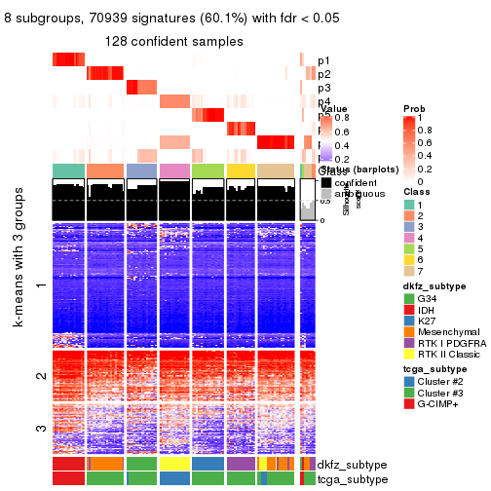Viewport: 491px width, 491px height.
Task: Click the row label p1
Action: click(x=324, y=60)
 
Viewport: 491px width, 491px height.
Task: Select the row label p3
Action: click(x=324, y=88)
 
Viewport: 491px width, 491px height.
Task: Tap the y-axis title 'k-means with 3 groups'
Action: click(x=19, y=284)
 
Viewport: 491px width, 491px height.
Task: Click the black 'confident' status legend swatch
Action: click(x=325, y=182)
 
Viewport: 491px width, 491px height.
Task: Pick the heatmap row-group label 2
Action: click(x=40, y=376)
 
